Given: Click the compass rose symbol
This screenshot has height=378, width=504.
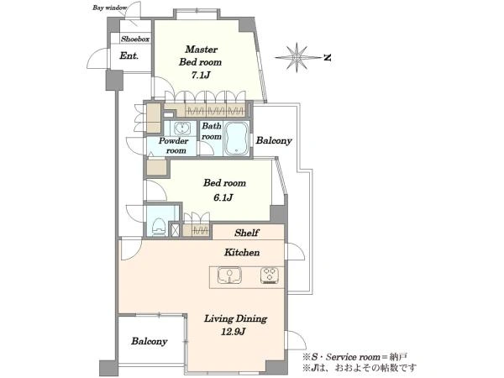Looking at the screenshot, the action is [297, 57].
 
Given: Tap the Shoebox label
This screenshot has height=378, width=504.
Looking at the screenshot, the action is [135, 39].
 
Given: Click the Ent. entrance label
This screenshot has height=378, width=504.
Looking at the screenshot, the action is [129, 56].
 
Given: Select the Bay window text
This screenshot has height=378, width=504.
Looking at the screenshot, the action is [109, 8].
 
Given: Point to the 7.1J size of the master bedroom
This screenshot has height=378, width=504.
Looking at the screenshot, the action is [201, 76].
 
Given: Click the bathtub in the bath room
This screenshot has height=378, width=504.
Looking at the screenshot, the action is [237, 139].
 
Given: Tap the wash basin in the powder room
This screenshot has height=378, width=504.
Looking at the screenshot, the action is [181, 129].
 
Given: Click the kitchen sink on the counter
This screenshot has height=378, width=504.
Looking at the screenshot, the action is [229, 276].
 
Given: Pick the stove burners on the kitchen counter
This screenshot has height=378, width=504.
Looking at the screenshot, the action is [270, 276].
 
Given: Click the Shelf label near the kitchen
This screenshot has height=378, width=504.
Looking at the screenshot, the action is [246, 233].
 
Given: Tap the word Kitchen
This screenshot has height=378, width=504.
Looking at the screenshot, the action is [242, 252].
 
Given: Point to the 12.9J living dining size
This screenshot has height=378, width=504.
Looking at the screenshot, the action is [233, 332].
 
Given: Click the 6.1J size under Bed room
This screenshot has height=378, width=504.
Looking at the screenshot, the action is [223, 197].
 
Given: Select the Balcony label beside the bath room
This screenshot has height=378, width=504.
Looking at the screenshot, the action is [274, 140].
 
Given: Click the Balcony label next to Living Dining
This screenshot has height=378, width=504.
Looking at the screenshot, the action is [150, 341].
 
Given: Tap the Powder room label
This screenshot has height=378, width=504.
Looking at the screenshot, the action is [174, 145].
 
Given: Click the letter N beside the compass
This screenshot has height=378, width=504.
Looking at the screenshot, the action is [328, 58].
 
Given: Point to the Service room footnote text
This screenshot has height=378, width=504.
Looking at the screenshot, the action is [354, 357].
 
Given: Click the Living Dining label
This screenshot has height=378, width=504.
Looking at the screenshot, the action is [235, 318].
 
